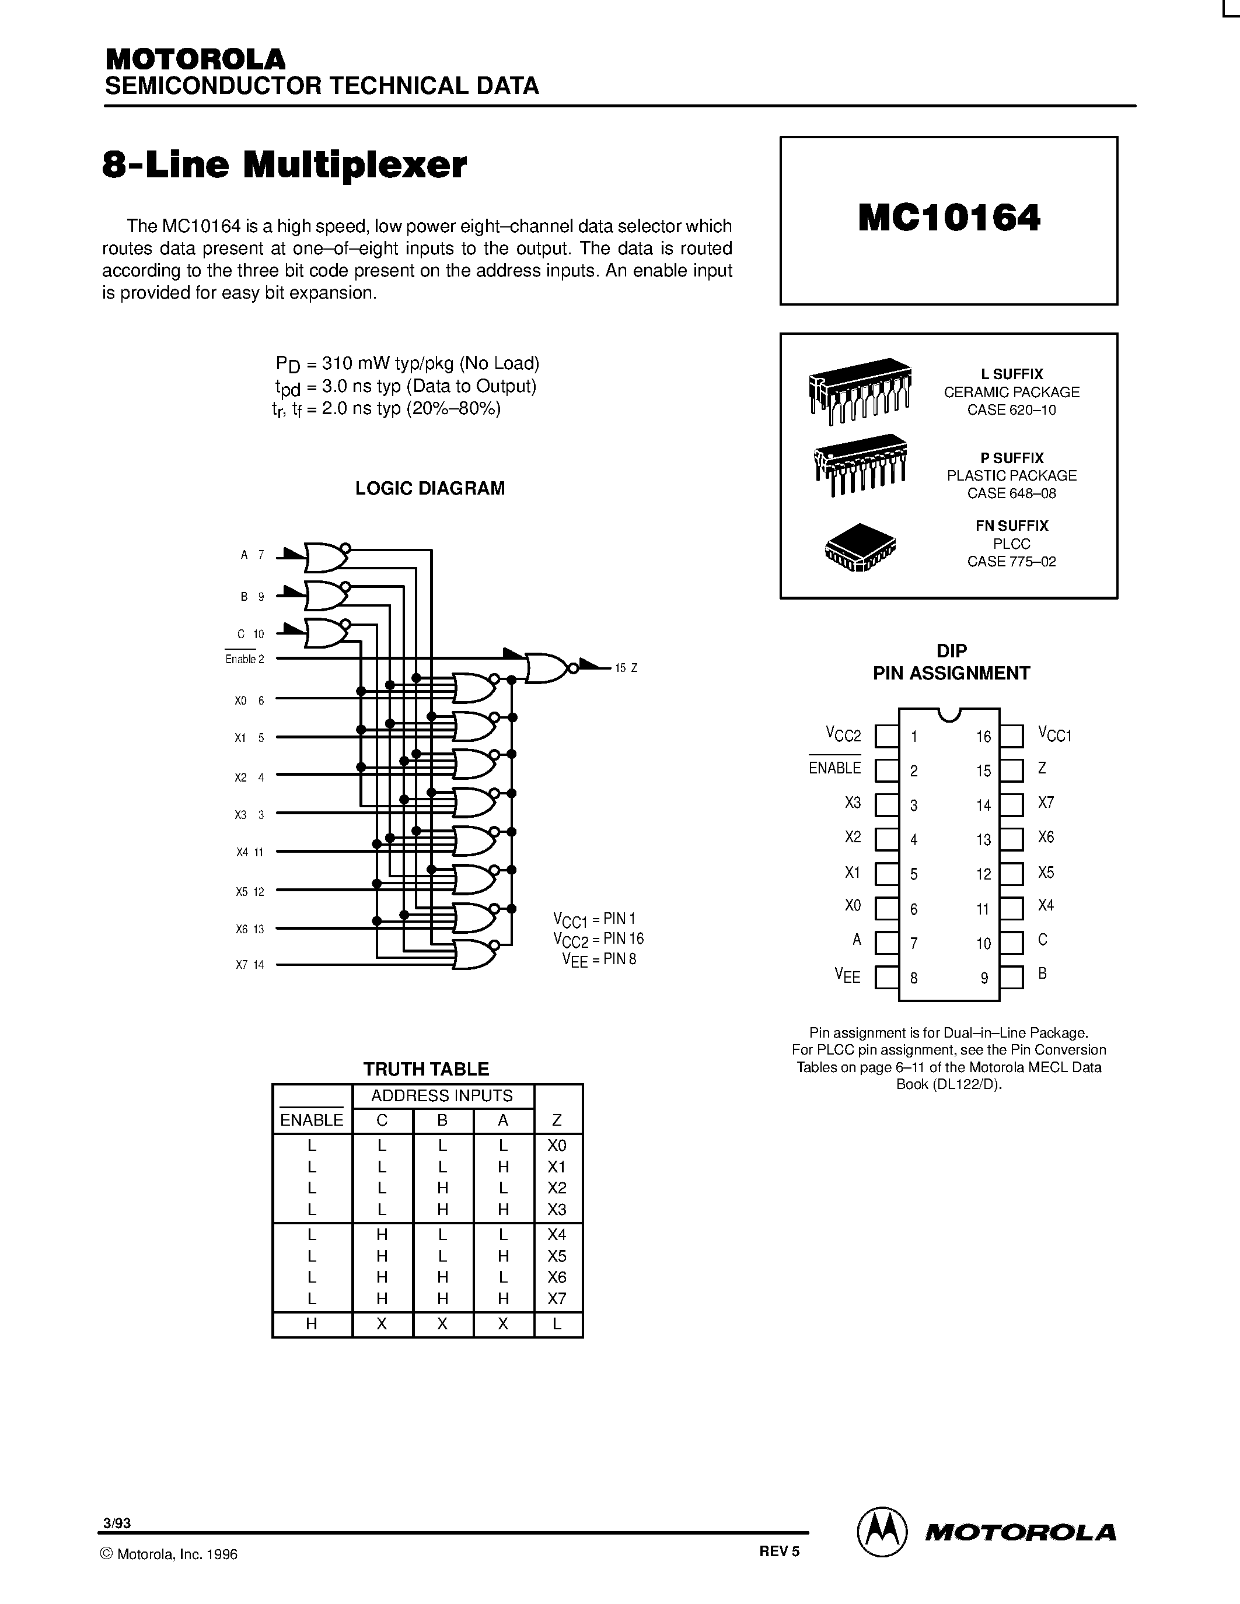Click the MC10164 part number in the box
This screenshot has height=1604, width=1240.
click(948, 218)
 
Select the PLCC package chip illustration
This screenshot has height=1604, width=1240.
click(860, 547)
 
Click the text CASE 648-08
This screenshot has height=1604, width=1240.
click(1011, 493)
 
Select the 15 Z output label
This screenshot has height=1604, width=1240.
click(626, 668)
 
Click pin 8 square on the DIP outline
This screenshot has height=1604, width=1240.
click(886, 978)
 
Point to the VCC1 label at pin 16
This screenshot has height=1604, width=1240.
click(1055, 734)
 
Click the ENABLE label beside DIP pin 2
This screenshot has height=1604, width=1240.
click(834, 768)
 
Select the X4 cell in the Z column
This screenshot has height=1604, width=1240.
click(557, 1235)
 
